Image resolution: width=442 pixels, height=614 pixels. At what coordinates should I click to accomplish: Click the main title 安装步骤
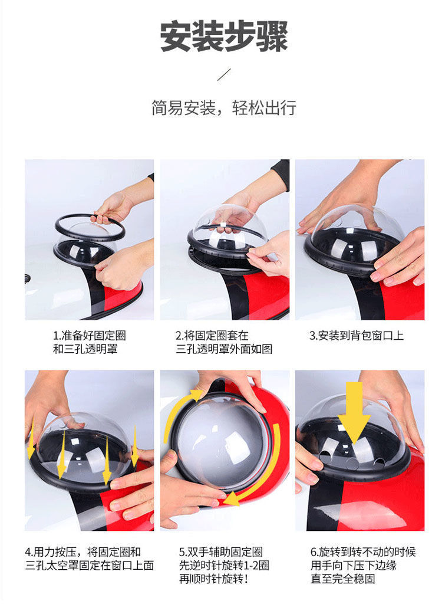[x=224, y=37]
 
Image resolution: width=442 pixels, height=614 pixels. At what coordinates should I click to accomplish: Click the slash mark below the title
[x=224, y=74]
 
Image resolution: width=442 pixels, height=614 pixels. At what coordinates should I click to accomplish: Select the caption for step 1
[x=90, y=342]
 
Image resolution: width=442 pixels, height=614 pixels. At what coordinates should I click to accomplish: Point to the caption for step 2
[x=224, y=342]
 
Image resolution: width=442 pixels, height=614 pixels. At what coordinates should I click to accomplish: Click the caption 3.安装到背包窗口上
[x=357, y=336]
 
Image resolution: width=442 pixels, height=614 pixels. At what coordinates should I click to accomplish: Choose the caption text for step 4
[x=89, y=559]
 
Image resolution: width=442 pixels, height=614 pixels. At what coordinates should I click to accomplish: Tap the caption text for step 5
[x=224, y=565]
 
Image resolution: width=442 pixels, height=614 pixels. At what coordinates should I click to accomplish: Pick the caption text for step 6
[x=363, y=565]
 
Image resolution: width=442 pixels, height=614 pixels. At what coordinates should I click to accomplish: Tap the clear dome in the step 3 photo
[x=357, y=231]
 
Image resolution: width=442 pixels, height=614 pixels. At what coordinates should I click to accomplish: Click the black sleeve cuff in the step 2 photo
[x=281, y=174]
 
